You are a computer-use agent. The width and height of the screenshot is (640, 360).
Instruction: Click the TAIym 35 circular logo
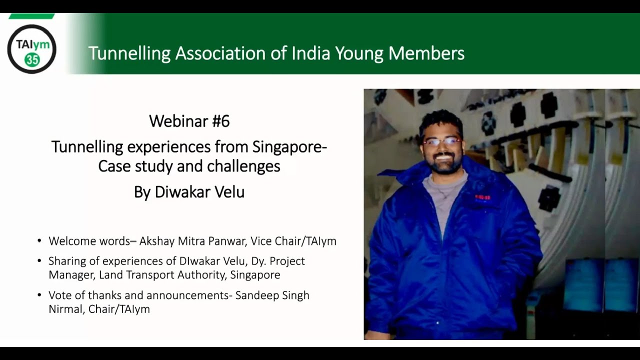tap(31, 49)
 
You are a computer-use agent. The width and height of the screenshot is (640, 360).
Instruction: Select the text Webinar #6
tap(189, 121)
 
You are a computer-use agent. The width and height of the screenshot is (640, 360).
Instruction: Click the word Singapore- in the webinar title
tap(289, 147)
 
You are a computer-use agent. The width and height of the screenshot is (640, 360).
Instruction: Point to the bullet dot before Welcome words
tap(39, 241)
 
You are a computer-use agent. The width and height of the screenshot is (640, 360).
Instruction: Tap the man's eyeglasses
tap(441, 141)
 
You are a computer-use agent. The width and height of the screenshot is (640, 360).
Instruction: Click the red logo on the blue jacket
tap(482, 197)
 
